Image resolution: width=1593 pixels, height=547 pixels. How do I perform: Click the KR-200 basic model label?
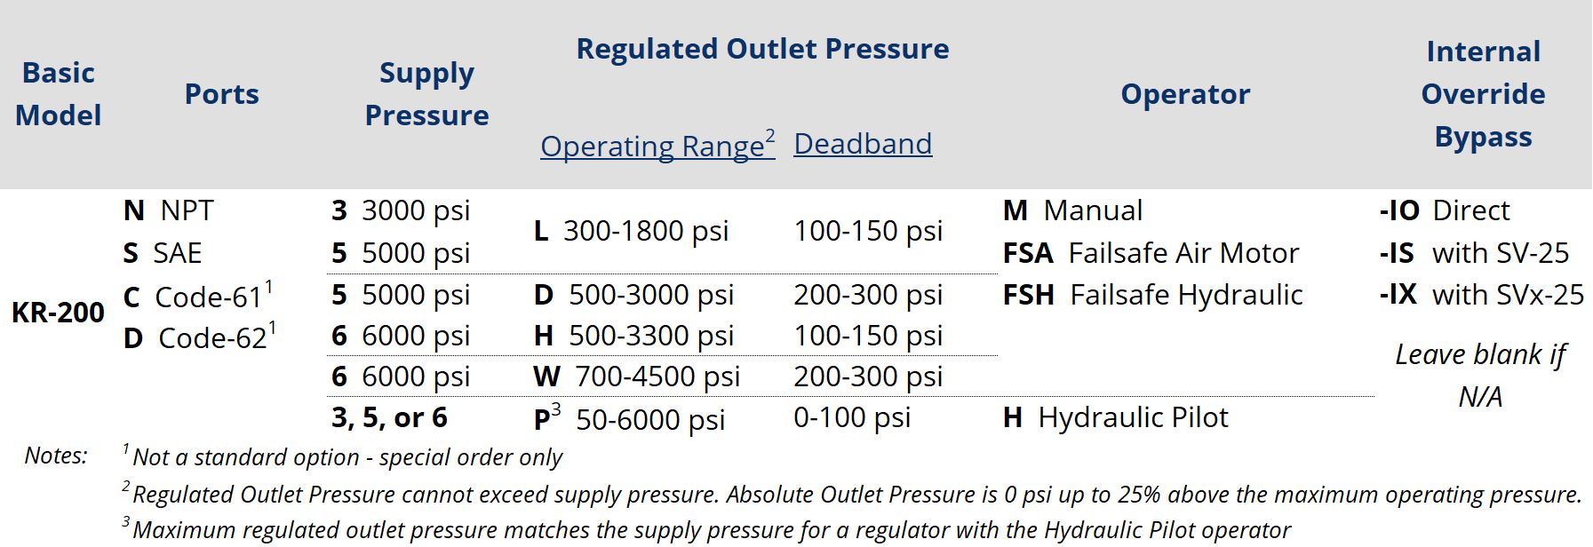[58, 313]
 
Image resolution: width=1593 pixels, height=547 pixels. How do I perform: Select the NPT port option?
[169, 210]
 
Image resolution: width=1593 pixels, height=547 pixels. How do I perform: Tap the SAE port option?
[163, 253]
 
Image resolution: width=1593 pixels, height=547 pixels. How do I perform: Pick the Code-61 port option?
[198, 295]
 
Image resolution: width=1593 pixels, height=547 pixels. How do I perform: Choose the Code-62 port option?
[200, 337]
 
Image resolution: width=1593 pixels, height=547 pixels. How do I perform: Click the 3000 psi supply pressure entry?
[401, 210]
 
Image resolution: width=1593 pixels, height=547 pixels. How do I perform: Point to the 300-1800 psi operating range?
[631, 231]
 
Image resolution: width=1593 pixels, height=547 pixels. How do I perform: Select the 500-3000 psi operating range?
[634, 295]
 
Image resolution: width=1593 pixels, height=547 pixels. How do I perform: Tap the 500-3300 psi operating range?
[634, 336]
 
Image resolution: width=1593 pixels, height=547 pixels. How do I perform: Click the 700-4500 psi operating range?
[637, 377]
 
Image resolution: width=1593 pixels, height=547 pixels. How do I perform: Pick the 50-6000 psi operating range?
[630, 418]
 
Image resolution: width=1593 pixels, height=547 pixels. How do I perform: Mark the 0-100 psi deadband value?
[852, 417]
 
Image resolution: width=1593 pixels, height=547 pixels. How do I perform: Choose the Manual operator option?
[1073, 210]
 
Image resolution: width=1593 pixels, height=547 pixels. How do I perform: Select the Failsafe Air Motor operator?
[1151, 253]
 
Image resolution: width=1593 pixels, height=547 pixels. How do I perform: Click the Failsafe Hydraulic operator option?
[1153, 295]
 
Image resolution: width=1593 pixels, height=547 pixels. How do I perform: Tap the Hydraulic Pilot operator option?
[1116, 417]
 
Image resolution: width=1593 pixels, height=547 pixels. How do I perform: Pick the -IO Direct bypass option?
[1445, 210]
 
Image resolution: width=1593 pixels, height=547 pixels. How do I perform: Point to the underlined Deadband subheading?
[863, 144]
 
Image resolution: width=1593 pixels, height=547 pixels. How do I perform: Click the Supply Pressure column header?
[426, 94]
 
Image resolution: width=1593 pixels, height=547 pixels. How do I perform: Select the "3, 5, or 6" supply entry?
[389, 417]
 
